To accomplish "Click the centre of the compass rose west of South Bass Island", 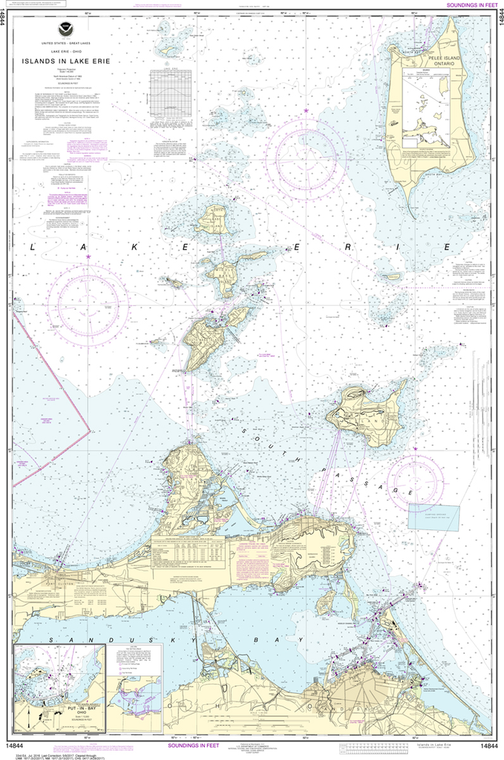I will pyautogui.click(x=88, y=301).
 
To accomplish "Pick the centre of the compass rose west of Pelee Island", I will pyautogui.click(x=306, y=154).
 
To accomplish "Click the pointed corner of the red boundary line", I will pyautogui.click(x=88, y=430).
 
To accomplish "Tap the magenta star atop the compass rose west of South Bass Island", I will pyautogui.click(x=88, y=257).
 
